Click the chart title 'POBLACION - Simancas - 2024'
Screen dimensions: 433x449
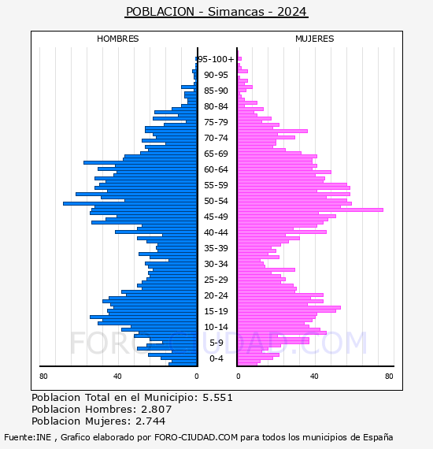coord(216,12)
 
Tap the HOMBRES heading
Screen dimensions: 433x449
coord(117,39)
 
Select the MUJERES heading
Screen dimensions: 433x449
coord(315,39)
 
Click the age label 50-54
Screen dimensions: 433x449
coord(216,201)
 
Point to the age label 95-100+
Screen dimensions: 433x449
coord(216,59)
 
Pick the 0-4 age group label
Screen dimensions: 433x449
coord(216,358)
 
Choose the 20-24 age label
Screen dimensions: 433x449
coord(216,295)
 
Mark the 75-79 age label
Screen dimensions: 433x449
coord(216,122)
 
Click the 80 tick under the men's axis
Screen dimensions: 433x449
coord(43,377)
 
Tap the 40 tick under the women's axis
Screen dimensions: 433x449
coord(314,377)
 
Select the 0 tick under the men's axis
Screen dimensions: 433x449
coord(197,377)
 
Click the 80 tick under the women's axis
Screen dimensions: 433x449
coord(389,377)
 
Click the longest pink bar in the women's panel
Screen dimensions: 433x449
coord(310,210)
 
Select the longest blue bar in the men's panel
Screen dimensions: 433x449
coord(130,203)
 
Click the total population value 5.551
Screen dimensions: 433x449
coord(217,398)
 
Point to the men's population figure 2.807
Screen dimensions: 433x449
coord(156,410)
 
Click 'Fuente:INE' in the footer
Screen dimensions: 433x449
coord(28,437)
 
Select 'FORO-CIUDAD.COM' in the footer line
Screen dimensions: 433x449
coord(196,437)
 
